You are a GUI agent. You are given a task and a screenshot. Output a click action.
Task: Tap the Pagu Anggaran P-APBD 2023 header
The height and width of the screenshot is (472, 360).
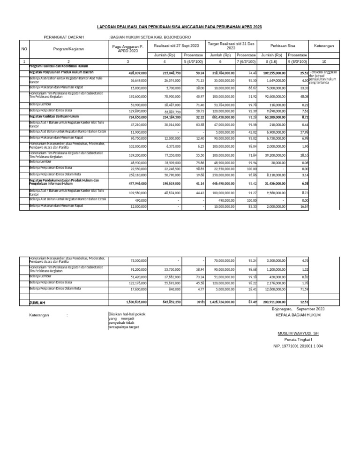coord(127,48)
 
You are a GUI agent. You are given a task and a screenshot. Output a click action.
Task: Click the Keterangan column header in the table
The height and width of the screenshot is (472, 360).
coord(323,46)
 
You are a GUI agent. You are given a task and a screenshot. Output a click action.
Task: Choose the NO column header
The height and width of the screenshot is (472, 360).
coord(24,48)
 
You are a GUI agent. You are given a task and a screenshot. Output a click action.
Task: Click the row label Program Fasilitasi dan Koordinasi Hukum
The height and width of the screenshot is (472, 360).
coord(59,67)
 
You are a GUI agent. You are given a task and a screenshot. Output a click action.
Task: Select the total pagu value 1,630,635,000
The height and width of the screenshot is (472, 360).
coord(136,303)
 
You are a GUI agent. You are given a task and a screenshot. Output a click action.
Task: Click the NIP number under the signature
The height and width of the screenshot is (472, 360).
coord(298,346)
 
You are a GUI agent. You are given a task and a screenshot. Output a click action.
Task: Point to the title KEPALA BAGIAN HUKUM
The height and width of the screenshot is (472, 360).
coord(298,316)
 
